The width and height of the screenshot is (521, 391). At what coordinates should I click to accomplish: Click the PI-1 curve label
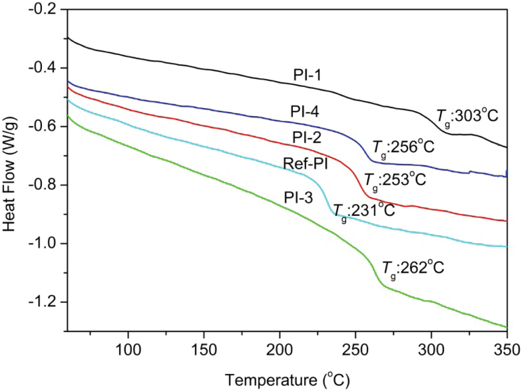click(307, 75)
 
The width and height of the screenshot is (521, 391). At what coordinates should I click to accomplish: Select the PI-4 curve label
click(305, 112)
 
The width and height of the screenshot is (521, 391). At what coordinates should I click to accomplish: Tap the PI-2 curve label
click(307, 137)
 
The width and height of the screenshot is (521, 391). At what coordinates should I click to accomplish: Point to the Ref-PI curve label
click(306, 163)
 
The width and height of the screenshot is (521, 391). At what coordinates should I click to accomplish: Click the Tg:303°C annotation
click(467, 117)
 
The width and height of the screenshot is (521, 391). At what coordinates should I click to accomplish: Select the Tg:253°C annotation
click(395, 180)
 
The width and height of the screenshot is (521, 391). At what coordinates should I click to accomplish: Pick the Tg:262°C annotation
click(413, 269)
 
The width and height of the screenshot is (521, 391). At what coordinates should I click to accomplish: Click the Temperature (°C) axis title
click(287, 380)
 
